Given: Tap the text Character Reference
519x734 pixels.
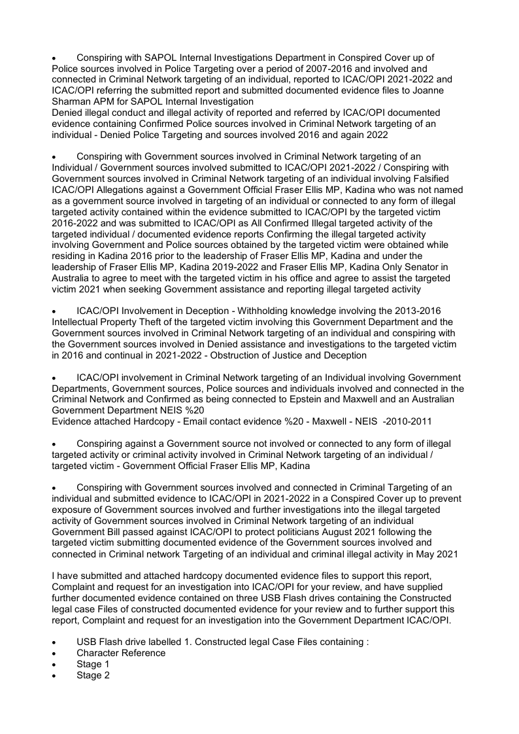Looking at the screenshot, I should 121,653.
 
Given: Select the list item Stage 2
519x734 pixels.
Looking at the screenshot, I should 93,675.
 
